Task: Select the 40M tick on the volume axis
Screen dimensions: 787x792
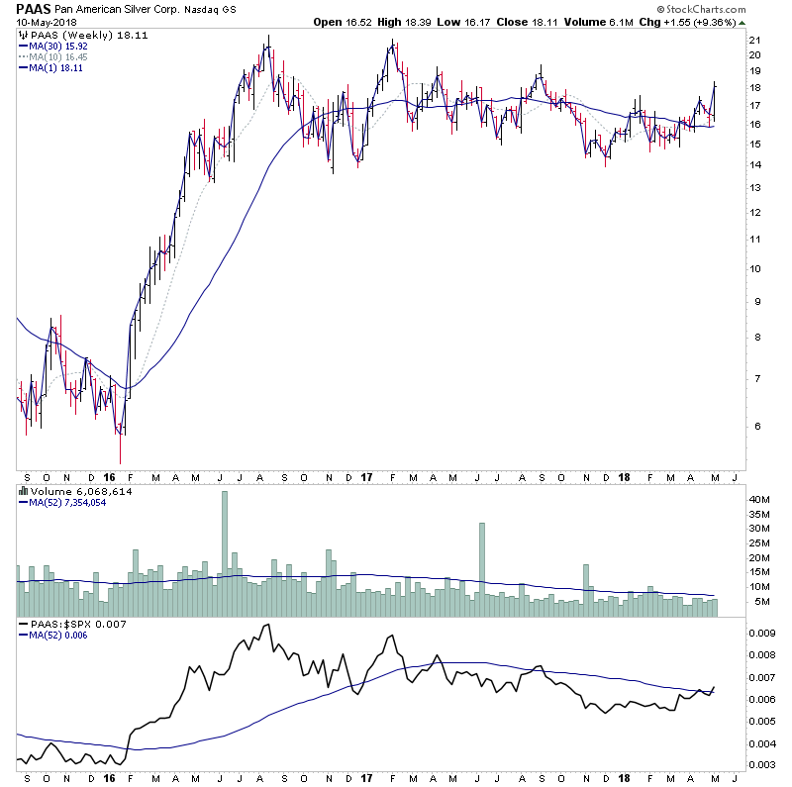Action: point(758,501)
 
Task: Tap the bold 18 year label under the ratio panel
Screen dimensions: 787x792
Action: point(625,780)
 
